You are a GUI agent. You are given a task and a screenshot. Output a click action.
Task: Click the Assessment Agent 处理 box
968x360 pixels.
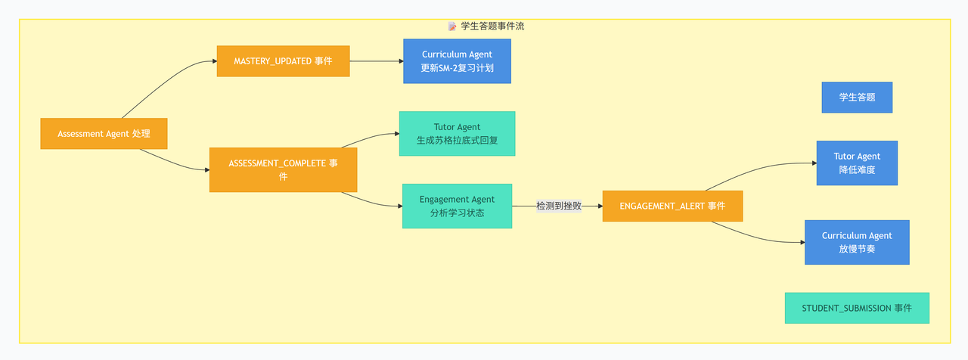click(x=104, y=134)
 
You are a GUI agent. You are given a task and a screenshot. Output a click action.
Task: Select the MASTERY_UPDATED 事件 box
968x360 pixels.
click(x=283, y=61)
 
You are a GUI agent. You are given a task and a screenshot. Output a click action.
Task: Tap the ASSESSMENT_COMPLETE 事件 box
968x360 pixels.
click(x=283, y=170)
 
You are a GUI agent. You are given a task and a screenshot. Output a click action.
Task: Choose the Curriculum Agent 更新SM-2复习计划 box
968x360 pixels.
click(x=458, y=61)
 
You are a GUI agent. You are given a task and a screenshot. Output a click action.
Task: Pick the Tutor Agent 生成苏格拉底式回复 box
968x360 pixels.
click(x=458, y=134)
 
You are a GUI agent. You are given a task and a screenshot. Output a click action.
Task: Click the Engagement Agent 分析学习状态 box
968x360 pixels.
click(x=458, y=206)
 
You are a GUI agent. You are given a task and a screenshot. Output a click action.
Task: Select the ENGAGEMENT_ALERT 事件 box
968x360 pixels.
click(x=672, y=206)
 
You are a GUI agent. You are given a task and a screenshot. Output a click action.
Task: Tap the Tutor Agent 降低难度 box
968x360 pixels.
click(x=857, y=163)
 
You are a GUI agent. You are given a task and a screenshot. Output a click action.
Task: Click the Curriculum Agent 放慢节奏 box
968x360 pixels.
click(x=857, y=243)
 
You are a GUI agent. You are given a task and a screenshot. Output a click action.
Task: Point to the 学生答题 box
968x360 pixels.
click(x=857, y=98)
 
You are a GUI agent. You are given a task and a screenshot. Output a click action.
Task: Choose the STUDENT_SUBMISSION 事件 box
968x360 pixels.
click(x=857, y=308)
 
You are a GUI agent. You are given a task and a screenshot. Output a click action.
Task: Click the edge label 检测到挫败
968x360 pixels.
click(x=559, y=206)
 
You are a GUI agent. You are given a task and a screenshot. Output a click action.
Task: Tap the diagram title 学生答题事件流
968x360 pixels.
click(x=492, y=26)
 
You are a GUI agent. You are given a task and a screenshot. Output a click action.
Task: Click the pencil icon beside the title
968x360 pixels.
click(x=452, y=26)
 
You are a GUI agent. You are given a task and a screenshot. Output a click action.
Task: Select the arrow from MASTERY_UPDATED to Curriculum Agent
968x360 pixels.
click(x=377, y=61)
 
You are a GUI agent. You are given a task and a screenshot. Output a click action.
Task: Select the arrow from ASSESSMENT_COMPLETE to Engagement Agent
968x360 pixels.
click(x=371, y=202)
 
